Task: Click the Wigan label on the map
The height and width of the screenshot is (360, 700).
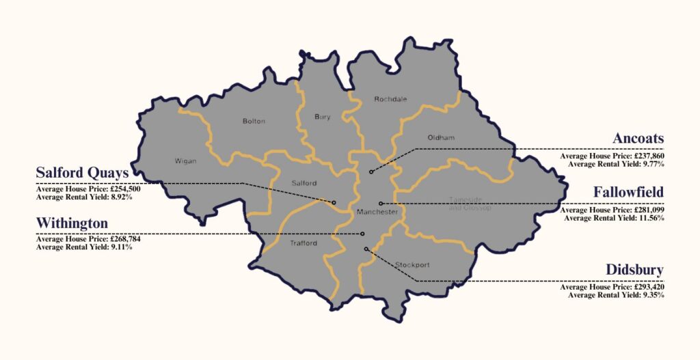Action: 185,161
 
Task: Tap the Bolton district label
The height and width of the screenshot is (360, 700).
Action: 254,122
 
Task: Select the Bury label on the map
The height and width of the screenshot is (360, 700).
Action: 322,117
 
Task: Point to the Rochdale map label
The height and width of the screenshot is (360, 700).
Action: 390,99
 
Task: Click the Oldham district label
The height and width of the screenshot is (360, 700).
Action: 440,138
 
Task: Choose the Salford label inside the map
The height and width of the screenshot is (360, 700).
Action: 304,183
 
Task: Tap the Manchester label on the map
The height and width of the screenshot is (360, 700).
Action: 377,212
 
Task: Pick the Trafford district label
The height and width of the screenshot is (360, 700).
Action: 304,243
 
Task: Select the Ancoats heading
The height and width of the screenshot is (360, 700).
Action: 638,139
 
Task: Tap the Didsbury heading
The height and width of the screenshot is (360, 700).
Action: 634,270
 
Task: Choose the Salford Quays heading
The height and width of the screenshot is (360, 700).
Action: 82,172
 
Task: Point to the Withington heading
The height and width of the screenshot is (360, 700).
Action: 72,223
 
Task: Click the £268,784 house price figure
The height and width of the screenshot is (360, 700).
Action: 126,240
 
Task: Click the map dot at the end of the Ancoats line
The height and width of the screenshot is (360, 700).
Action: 371,171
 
